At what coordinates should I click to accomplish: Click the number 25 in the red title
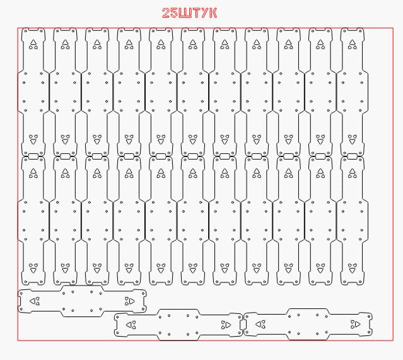(170, 13)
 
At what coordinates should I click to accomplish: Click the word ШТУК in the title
(197, 13)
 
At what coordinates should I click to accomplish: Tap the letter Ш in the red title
(185, 13)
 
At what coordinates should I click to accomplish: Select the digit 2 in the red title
(166, 13)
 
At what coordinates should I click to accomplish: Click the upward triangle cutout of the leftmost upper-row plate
(33, 42)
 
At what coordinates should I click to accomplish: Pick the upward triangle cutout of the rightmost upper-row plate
(353, 42)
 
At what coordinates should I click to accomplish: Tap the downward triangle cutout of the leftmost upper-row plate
(33, 141)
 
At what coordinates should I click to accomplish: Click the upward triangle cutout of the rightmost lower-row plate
(353, 171)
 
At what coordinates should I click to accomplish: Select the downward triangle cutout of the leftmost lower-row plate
(33, 270)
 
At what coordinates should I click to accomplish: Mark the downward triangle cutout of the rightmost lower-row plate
(353, 270)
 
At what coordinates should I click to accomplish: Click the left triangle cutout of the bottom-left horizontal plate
(33, 301)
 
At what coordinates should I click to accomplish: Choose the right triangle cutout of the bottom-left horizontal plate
(132, 301)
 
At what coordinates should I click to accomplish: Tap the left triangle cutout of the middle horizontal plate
(129, 325)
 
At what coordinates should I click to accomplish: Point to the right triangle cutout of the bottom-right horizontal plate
(358, 324)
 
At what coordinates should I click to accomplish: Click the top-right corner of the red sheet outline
(394, 28)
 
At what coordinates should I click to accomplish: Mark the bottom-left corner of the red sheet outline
(18, 340)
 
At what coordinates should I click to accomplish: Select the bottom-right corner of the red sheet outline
(394, 340)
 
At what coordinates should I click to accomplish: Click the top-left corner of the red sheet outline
(18, 28)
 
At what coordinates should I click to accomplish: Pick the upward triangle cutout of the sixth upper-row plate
(193, 42)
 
